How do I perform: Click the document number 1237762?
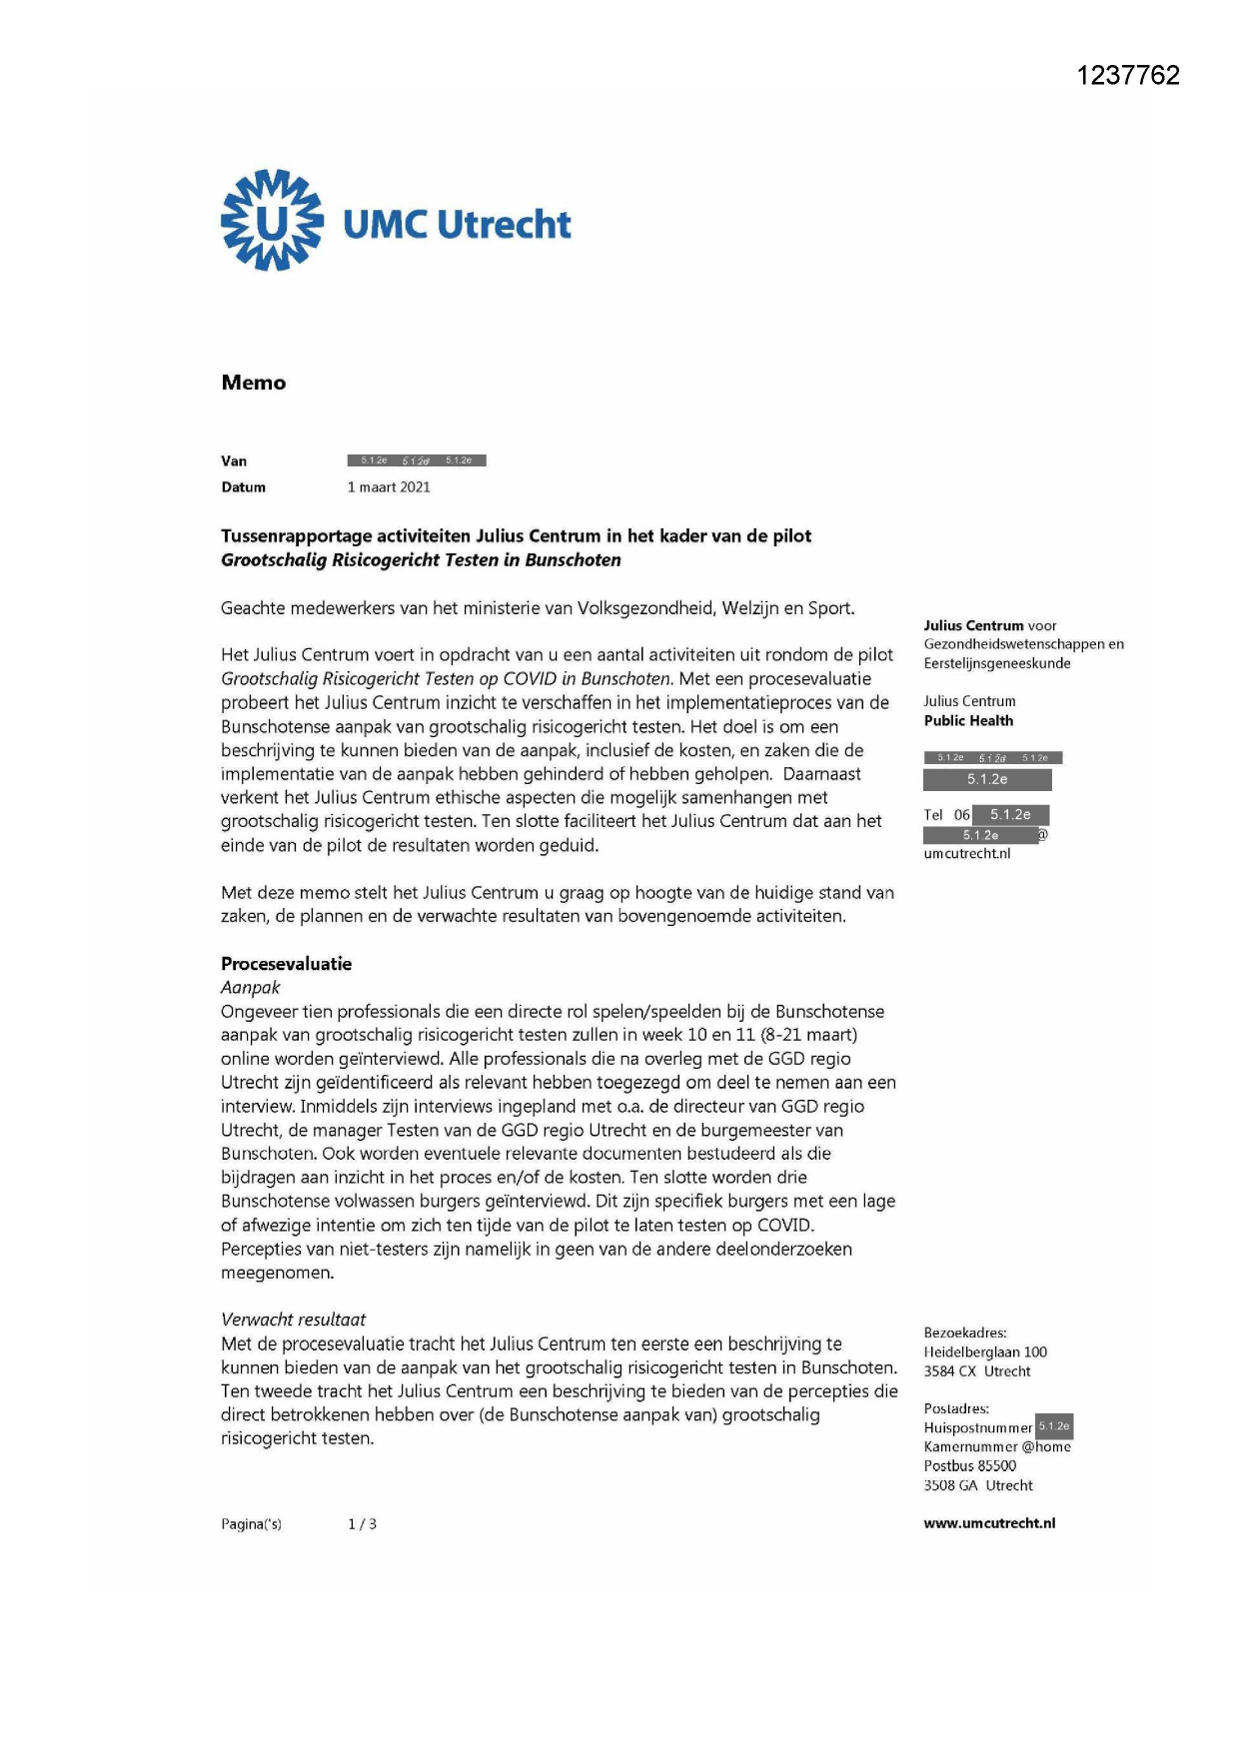(1128, 76)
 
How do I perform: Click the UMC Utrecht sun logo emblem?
(272, 221)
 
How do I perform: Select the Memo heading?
(253, 383)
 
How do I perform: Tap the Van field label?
(234, 460)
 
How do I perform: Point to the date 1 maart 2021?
(389, 487)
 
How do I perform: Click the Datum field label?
(243, 487)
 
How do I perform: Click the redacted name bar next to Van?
(417, 460)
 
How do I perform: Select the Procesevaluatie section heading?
(286, 964)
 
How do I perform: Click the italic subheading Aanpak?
(250, 988)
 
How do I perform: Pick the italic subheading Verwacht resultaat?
(293, 1319)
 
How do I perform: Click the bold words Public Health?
(968, 721)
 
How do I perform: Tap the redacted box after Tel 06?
(1010, 815)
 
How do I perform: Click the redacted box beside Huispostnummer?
(1054, 1426)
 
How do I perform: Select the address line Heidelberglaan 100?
(985, 1352)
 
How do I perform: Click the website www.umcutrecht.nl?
(989, 1523)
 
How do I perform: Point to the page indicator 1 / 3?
(362, 1524)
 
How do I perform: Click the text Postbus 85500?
(969, 1466)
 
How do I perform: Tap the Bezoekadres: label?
(965, 1333)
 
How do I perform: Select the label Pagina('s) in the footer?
(251, 1524)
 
